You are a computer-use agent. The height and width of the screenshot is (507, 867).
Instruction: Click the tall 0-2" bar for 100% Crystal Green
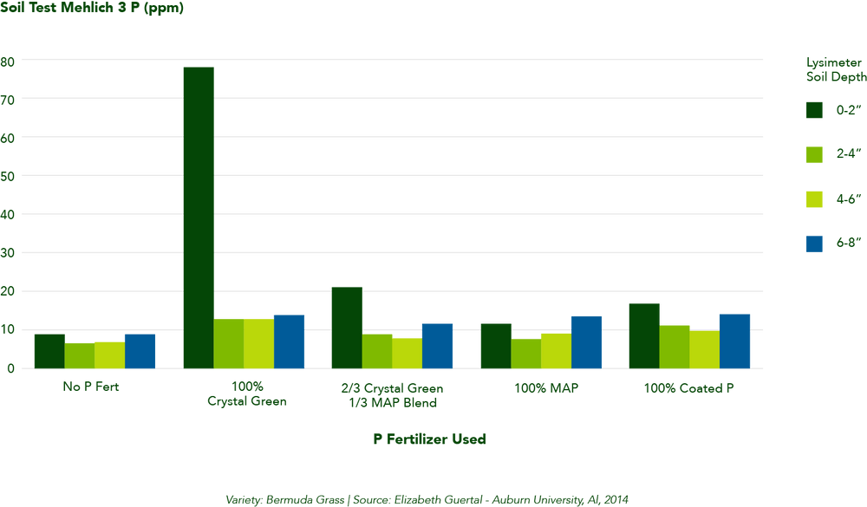click(198, 217)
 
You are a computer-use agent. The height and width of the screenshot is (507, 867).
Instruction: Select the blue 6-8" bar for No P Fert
click(140, 351)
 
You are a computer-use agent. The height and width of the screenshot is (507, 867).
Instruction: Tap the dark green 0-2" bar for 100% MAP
click(495, 346)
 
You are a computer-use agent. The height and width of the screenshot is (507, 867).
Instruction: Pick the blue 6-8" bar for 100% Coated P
click(734, 341)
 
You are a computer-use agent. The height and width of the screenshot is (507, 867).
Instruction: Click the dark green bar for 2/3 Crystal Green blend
click(347, 327)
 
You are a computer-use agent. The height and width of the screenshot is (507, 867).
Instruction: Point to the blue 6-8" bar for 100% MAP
click(585, 341)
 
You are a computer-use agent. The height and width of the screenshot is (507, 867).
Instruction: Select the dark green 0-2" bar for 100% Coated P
click(644, 335)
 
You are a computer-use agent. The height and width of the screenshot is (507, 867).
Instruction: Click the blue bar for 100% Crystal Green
click(289, 341)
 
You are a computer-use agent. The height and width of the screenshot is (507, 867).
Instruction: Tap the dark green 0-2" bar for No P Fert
click(49, 351)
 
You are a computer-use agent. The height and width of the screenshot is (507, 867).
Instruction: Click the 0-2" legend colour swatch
click(814, 110)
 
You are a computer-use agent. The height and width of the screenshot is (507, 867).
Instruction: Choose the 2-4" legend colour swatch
click(814, 154)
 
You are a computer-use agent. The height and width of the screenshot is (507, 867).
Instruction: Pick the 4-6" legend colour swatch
click(814, 198)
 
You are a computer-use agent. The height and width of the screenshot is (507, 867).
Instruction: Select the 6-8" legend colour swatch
click(814, 244)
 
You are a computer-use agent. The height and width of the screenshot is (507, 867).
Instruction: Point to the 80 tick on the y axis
click(8, 62)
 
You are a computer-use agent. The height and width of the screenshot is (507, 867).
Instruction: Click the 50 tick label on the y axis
click(8, 176)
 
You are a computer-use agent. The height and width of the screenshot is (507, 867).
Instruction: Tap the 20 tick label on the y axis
click(8, 291)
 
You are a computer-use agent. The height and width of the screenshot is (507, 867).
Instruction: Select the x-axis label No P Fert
click(90, 387)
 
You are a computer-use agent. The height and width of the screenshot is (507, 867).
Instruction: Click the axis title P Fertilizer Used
click(429, 439)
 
